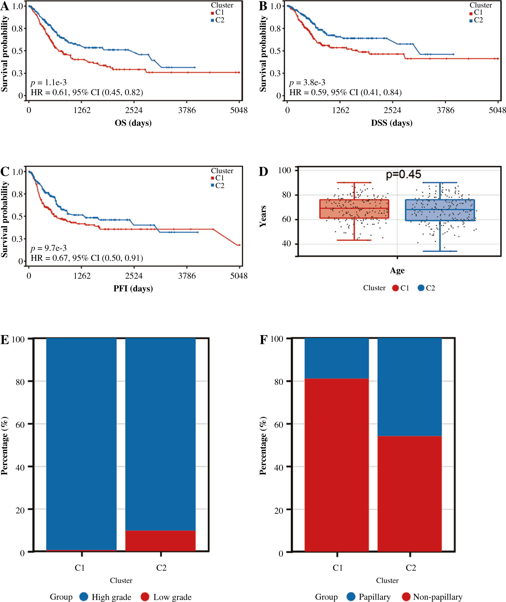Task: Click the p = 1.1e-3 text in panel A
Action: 49,83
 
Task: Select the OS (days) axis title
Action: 133,123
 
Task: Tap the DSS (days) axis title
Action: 392,123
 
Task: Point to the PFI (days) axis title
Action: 133,288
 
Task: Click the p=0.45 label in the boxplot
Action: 403,174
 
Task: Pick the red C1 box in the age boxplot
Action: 354,209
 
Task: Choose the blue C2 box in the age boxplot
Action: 440,210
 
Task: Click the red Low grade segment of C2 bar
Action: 160,541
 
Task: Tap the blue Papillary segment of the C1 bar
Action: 336,358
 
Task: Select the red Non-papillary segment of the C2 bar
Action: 409,494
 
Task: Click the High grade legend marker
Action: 84,596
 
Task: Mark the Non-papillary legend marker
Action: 406,596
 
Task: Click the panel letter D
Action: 263,172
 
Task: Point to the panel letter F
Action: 263,339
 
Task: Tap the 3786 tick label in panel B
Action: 445,110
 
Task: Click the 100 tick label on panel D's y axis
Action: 285,170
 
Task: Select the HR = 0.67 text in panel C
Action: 87,258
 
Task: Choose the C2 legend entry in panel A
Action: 218,20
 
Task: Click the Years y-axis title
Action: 263,216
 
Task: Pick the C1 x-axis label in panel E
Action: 80,568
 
